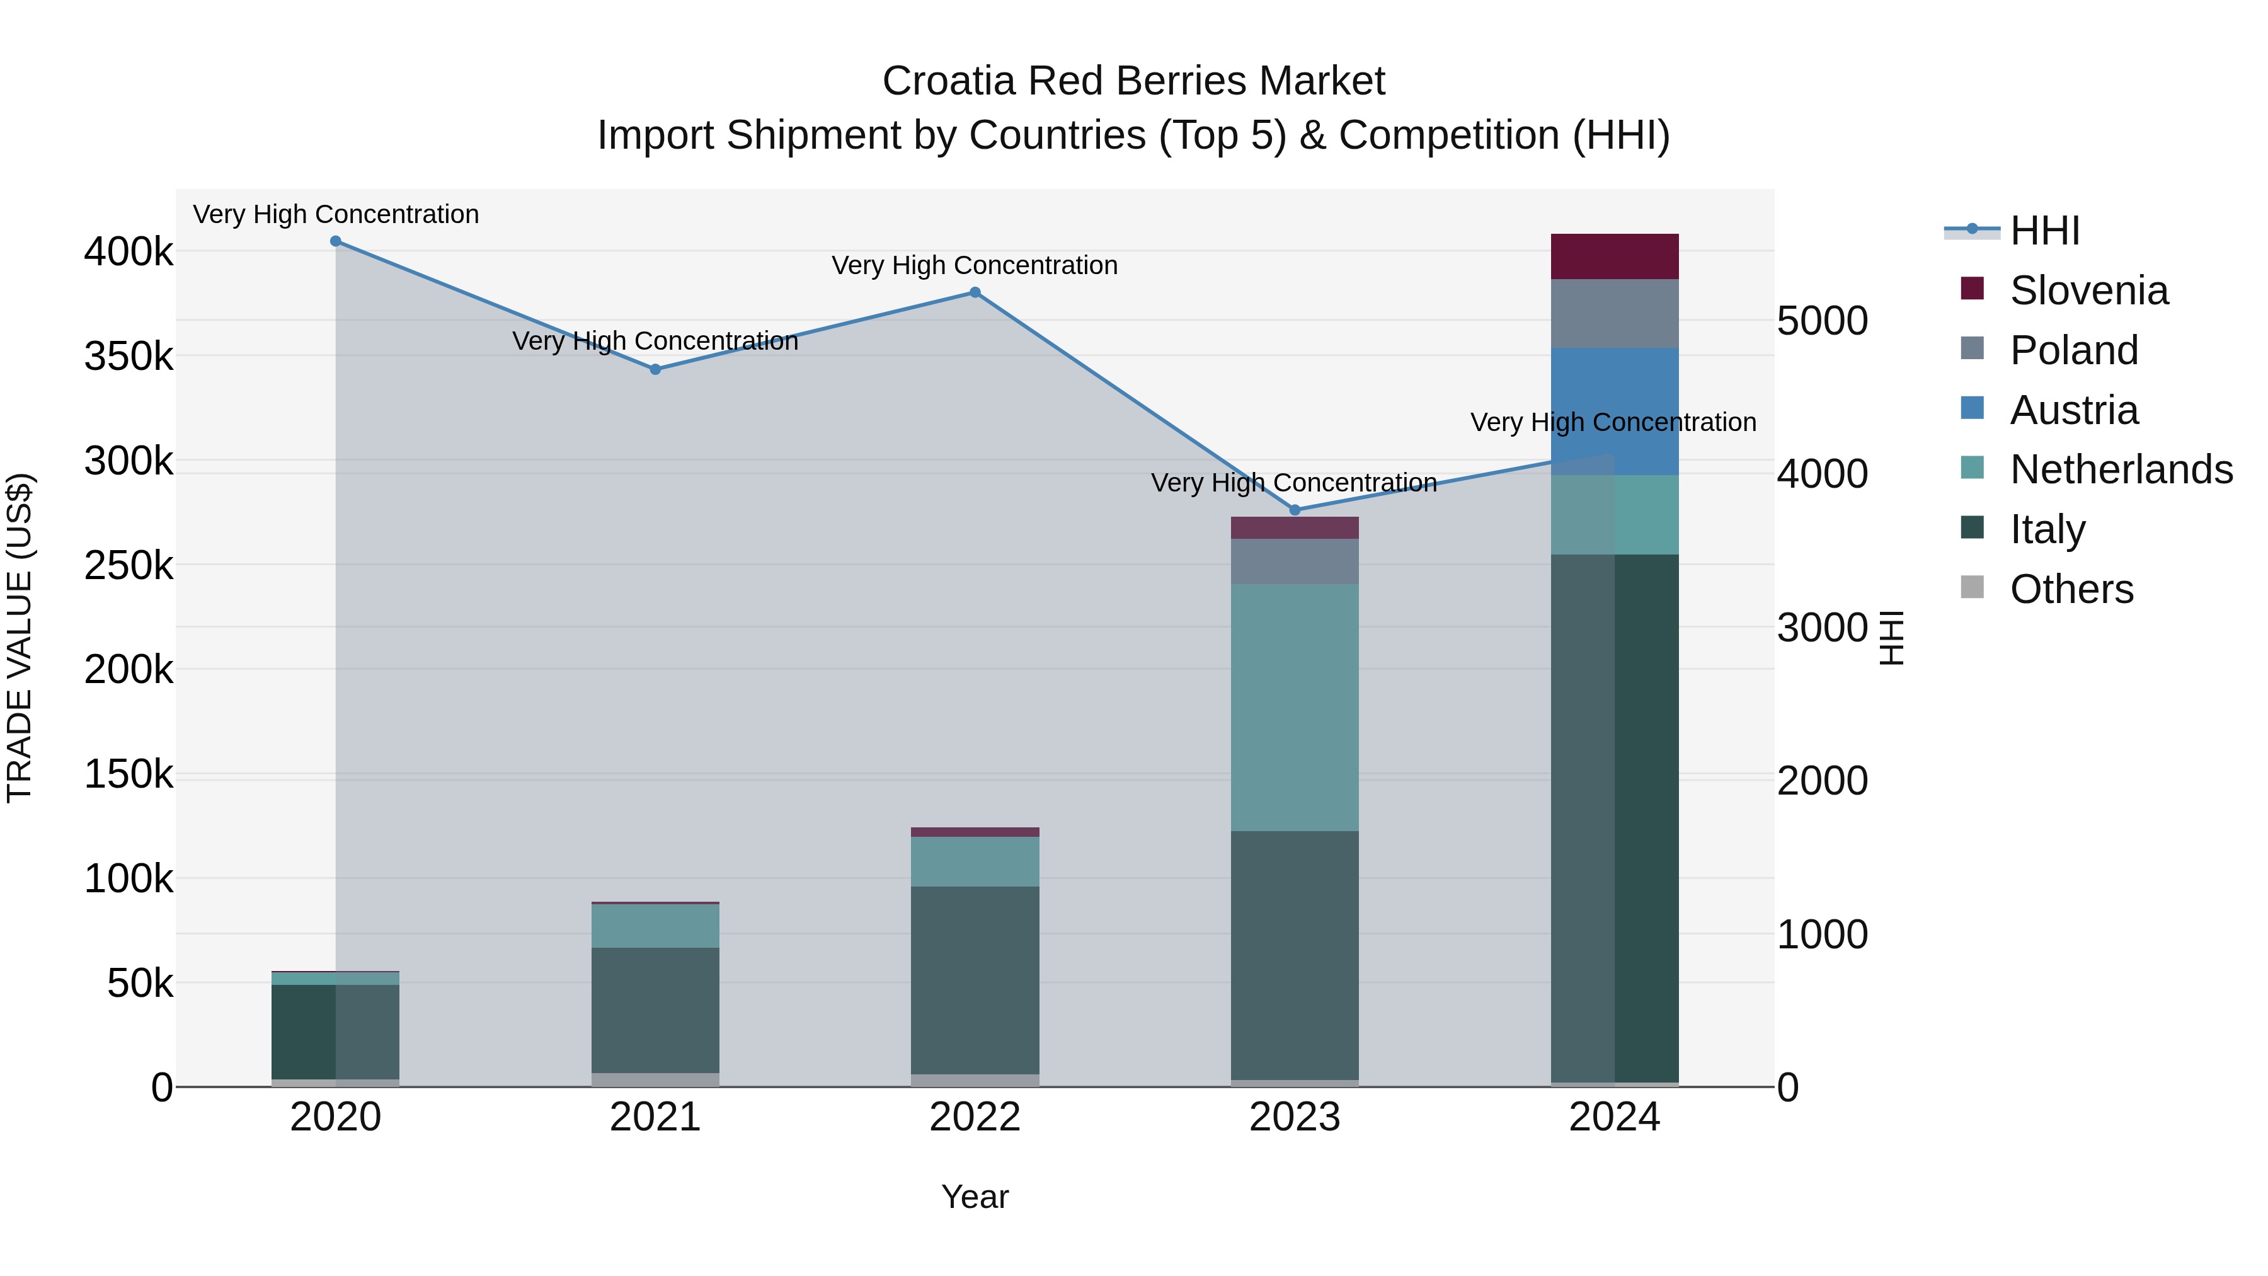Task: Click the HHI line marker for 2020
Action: [335, 241]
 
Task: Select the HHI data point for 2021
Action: [655, 370]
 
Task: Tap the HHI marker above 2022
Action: [975, 292]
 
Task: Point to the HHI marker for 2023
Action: [1294, 510]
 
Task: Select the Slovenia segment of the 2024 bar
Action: [1615, 256]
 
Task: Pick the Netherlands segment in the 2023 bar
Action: [1294, 707]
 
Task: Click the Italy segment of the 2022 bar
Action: [975, 979]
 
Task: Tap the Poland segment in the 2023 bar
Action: [1294, 561]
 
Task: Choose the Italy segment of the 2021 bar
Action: [655, 1009]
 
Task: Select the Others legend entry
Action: [2071, 589]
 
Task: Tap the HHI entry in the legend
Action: [2044, 231]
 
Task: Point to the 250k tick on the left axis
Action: [129, 565]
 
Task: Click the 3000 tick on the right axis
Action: [1821, 628]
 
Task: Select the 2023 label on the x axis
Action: [1294, 1117]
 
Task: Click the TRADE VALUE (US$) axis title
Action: [20, 638]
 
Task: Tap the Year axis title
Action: [975, 1197]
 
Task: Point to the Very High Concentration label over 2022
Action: [975, 265]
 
